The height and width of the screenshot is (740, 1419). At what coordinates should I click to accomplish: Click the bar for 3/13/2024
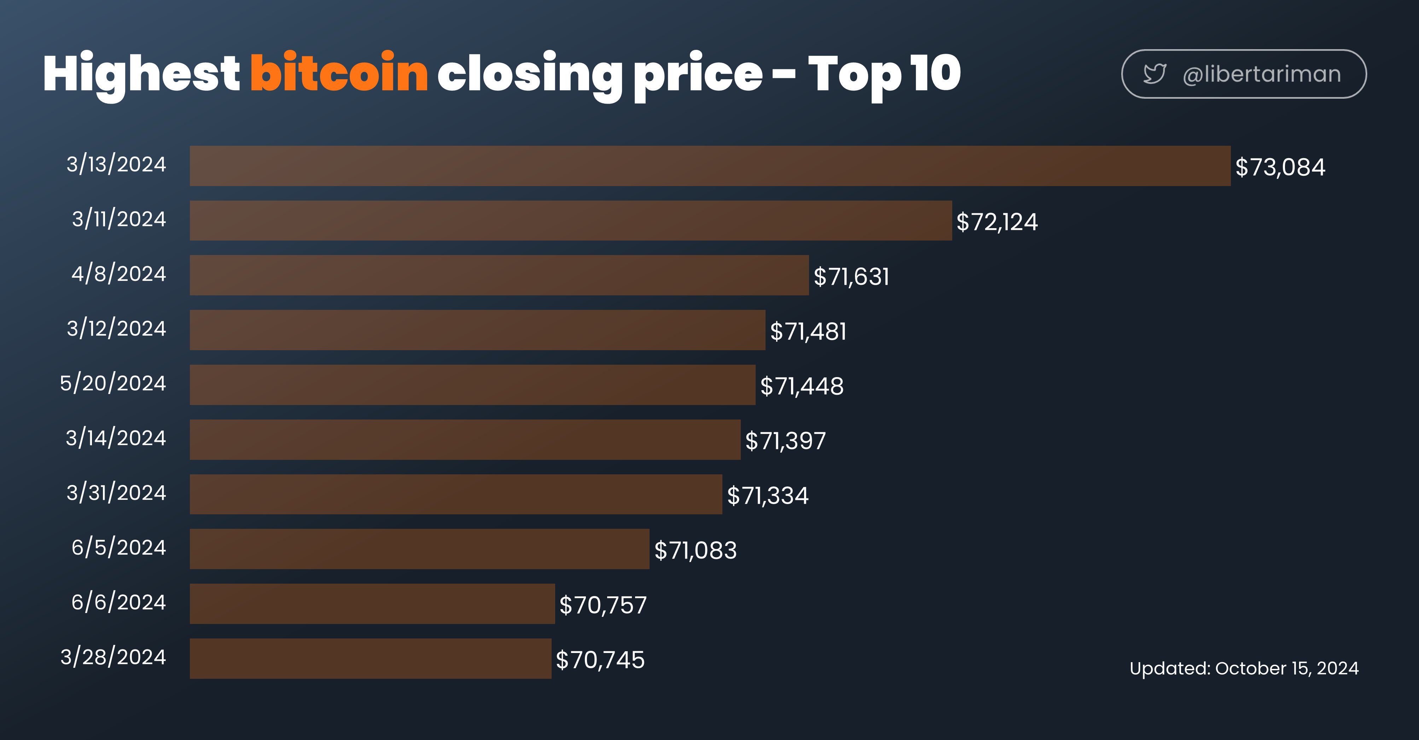[x=710, y=166]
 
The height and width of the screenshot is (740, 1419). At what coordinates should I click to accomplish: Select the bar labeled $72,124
[x=571, y=220]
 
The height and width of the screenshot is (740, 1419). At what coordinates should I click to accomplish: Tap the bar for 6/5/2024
[x=420, y=549]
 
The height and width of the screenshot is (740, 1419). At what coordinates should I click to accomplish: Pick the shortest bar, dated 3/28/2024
[x=371, y=658]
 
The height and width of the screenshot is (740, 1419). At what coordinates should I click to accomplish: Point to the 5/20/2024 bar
[x=473, y=385]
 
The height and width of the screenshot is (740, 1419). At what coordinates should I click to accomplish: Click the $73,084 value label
[x=1280, y=167]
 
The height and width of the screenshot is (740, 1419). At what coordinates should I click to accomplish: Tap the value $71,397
[x=785, y=441]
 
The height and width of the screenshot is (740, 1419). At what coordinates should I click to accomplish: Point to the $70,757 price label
[x=603, y=605]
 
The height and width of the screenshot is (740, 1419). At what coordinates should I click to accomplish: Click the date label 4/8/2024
[x=118, y=274]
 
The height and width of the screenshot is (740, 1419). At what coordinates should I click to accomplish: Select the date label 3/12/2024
[x=116, y=328]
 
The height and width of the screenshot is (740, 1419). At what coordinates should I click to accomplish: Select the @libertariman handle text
[x=1261, y=74]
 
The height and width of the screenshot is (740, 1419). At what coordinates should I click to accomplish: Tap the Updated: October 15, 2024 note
[x=1244, y=668]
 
